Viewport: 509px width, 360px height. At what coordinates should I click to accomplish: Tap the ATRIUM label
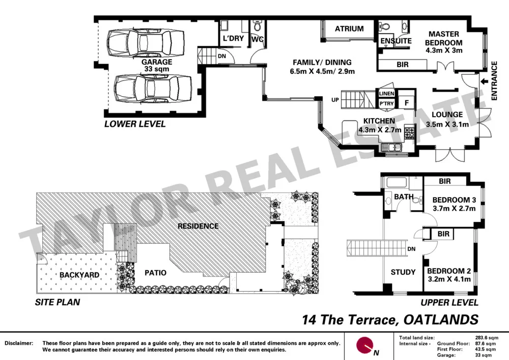click(x=349, y=29)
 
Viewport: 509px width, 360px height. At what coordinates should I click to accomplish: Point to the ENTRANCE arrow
click(x=482, y=80)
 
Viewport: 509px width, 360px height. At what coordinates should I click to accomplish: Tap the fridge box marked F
click(x=407, y=102)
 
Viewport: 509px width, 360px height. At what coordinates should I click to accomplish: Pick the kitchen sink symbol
click(x=393, y=148)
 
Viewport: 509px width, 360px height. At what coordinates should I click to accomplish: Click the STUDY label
click(x=403, y=272)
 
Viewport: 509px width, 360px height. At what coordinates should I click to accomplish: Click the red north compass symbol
click(x=364, y=345)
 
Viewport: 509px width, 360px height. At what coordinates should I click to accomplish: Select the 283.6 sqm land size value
click(x=487, y=337)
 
